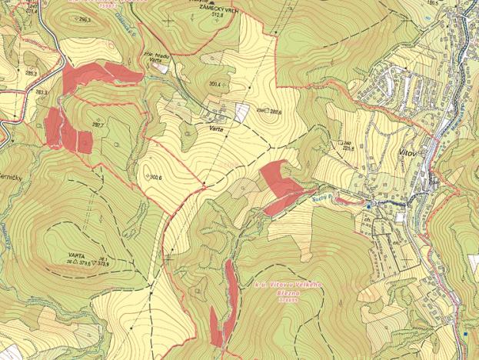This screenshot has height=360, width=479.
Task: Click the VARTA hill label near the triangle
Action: (x=75, y=253)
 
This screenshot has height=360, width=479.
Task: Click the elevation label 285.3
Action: (x=32, y=73)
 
